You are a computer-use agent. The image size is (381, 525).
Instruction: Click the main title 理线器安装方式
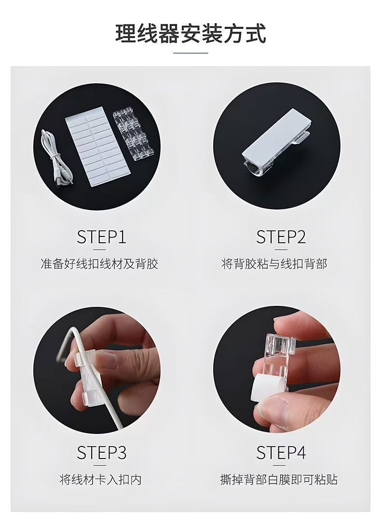[190, 33]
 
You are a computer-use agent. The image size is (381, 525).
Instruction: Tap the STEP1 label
[101, 236]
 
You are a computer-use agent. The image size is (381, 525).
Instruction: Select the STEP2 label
[281, 236]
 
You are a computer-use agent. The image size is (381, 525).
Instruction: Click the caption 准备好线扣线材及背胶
[99, 264]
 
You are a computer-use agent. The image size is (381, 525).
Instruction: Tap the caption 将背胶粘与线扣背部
[274, 264]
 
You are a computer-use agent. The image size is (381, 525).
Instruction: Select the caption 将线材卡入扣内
[101, 479]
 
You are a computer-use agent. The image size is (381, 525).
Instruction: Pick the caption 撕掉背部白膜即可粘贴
[279, 479]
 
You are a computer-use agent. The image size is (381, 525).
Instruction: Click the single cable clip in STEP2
[275, 144]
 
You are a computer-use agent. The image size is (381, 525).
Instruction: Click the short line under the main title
[190, 53]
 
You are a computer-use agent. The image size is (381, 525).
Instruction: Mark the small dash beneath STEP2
[281, 249]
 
